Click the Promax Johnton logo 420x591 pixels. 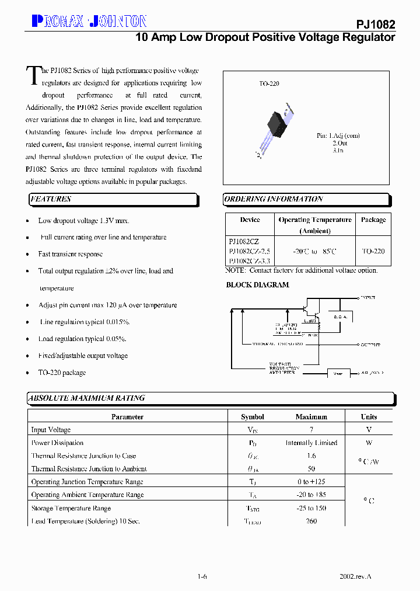pyautogui.click(x=89, y=21)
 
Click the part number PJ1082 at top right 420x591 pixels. pyautogui.click(x=376, y=25)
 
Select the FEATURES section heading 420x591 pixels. pyautogui.click(x=51, y=199)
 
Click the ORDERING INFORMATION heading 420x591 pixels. pyautogui.click(x=274, y=199)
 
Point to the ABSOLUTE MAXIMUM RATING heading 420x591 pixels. pyautogui.click(x=87, y=398)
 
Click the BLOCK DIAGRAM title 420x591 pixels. pyautogui.click(x=257, y=285)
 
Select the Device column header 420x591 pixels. pyautogui.click(x=250, y=220)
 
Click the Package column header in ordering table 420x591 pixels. pyautogui.click(x=373, y=220)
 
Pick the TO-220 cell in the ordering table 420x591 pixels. pyautogui.click(x=373, y=251)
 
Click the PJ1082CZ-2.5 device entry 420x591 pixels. pyautogui.click(x=249, y=251)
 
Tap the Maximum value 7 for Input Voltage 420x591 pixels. pyautogui.click(x=311, y=430)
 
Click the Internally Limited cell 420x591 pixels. pyautogui.click(x=311, y=443)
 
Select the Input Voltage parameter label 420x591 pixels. pyautogui.click(x=51, y=430)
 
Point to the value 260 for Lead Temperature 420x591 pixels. pyautogui.click(x=311, y=521)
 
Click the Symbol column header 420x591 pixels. pyautogui.click(x=253, y=417)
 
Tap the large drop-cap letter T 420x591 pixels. pyautogui.click(x=34, y=76)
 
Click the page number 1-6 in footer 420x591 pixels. pyautogui.click(x=202, y=576)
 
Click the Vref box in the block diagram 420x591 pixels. pyautogui.click(x=338, y=373)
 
